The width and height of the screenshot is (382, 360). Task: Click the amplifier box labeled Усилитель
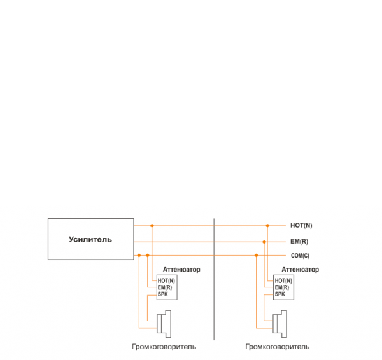click(90, 239)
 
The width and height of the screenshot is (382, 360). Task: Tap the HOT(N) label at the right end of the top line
click(301, 226)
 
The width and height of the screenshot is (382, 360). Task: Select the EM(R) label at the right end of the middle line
click(299, 242)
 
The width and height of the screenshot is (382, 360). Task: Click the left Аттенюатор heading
click(181, 270)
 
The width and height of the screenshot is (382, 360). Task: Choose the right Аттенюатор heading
click(300, 270)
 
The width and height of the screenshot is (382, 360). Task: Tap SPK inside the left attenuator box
click(162, 294)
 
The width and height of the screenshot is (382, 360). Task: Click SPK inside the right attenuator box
click(280, 294)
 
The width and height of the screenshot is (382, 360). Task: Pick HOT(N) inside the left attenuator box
click(166, 280)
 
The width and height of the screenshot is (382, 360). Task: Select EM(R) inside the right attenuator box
click(282, 287)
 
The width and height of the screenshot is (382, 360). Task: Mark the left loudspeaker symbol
click(166, 323)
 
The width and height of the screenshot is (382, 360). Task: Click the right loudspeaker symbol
click(281, 323)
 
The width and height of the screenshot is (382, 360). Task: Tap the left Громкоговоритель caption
click(164, 347)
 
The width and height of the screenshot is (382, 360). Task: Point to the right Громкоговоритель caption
click(278, 347)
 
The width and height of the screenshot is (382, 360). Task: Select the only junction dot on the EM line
click(264, 242)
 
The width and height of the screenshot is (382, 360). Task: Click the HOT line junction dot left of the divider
click(152, 226)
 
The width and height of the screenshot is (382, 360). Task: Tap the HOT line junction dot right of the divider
click(269, 226)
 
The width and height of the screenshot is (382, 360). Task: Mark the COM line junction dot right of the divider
click(257, 256)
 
